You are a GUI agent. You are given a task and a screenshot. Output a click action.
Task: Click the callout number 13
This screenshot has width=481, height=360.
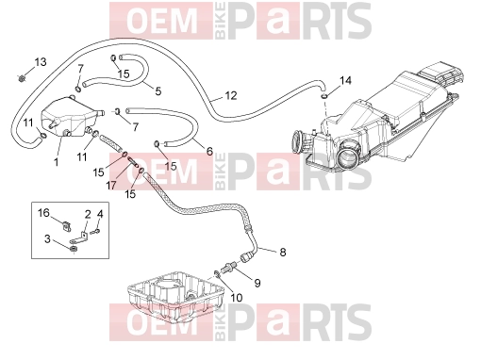pos(41,62)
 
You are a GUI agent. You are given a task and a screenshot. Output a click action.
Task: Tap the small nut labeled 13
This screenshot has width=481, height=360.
pos(22,78)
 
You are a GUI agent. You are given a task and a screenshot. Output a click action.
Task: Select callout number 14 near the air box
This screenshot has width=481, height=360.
pos(345,81)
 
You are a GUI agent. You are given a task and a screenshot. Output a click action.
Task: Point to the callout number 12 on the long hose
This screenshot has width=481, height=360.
pos(231,95)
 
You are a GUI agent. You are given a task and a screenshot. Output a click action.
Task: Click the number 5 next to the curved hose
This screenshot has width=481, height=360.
pos(158,91)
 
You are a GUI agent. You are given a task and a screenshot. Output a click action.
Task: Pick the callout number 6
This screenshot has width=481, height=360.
pos(209,152)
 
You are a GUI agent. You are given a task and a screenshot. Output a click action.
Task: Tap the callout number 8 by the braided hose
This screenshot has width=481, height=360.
pos(283,252)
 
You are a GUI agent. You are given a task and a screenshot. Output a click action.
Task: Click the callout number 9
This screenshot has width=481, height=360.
pos(257,284)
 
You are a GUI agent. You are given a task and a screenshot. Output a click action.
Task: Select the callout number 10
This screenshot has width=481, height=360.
pos(237,298)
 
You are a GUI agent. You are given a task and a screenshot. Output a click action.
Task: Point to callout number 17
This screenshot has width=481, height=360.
pos(111,186)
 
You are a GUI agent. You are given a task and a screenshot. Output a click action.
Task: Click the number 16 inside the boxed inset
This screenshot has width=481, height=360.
pos(43,213)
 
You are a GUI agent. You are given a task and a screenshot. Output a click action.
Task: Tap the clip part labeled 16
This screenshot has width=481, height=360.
pos(66,225)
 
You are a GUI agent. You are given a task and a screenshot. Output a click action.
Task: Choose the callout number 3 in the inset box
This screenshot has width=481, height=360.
pos(47,238)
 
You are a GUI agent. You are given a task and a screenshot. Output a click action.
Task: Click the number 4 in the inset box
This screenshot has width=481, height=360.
pos(100,214)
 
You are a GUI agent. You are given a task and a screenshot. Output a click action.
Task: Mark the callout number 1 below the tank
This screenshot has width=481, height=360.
pos(57,162)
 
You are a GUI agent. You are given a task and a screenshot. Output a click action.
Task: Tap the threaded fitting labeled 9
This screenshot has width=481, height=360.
pos(229,267)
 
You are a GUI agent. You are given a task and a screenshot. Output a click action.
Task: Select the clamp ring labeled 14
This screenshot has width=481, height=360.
pos(323,95)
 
